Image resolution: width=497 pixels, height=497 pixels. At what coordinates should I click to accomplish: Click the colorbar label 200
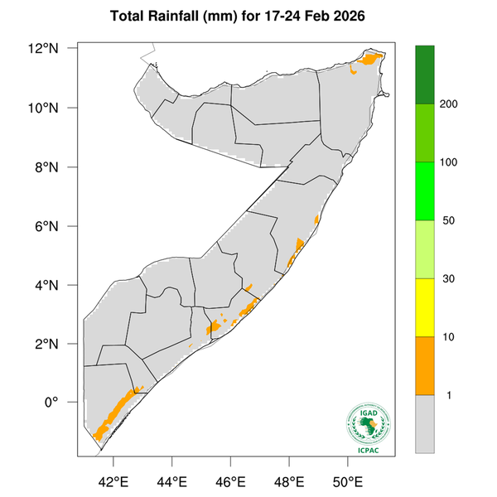pos(451,104)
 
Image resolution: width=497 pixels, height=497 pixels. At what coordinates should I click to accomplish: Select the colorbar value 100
pos(451,162)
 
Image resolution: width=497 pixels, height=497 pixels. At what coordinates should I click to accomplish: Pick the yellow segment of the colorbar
pos(425,307)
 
